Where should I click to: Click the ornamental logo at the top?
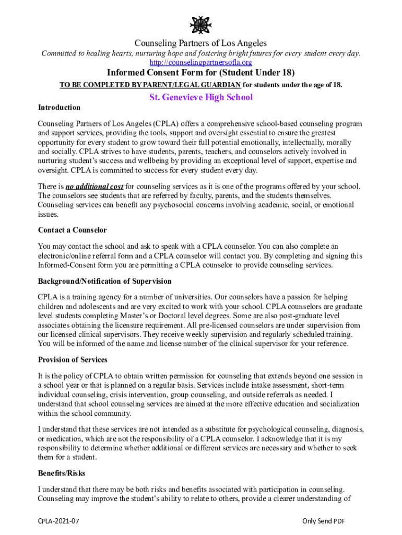tap(200, 25)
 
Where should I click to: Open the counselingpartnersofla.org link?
tap(200, 63)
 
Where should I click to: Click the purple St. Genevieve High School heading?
tap(201, 97)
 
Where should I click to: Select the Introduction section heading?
tap(59, 108)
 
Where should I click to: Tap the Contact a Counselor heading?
tap(73, 230)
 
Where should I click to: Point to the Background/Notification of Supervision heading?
tap(104, 281)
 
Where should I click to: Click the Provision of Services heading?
tap(73, 359)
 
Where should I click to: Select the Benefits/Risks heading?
tap(62, 473)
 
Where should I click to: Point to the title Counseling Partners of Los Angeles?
tap(200, 43)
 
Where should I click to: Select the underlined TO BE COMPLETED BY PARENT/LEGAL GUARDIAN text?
tap(150, 85)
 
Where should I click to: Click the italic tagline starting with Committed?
tap(200, 54)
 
